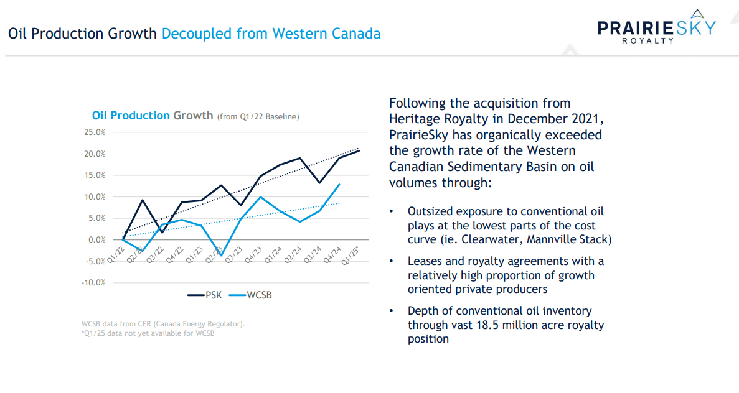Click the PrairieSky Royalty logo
coord(656,29)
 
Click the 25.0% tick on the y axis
coord(95,132)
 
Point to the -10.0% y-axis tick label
coord(93,282)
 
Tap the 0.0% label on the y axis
coord(96,239)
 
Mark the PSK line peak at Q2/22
coord(143,200)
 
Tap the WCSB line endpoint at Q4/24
coord(339,184)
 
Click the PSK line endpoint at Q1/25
coord(359,150)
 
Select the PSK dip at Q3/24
coord(319,183)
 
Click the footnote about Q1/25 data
coord(148,333)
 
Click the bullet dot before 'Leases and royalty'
coord(392,261)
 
